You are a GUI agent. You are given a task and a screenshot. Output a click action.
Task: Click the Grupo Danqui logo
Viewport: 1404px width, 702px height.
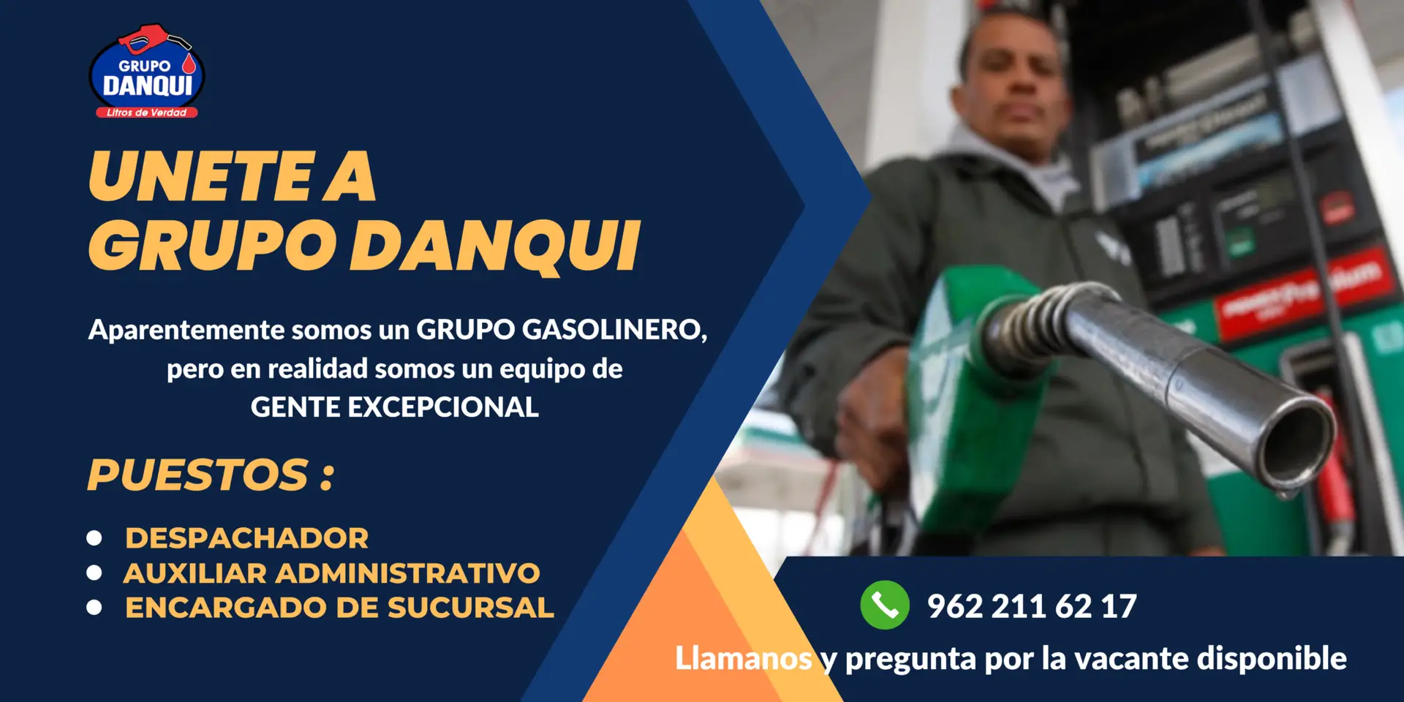pos(146,71)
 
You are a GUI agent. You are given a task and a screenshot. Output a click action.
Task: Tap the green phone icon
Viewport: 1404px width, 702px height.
pos(885,605)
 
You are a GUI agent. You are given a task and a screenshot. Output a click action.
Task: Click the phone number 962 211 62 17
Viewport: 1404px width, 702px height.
pos(1032,606)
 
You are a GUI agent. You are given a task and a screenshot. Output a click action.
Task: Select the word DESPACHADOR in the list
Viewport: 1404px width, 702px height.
pos(246,538)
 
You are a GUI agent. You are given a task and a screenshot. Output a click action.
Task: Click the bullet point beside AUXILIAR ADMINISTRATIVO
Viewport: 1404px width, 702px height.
pos(94,573)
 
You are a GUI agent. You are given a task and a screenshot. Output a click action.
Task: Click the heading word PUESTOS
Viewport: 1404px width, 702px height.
pos(197,475)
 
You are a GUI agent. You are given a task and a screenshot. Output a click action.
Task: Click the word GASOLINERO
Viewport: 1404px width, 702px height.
pos(614,330)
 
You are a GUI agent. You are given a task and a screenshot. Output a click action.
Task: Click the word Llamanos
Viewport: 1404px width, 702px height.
pos(744,658)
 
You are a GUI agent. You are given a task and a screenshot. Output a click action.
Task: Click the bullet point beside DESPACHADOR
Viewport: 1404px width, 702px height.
pos(94,538)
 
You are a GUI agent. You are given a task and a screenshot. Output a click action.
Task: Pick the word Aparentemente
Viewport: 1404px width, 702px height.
pos(186,330)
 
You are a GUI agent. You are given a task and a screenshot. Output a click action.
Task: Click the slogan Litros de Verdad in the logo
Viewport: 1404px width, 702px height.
pos(146,113)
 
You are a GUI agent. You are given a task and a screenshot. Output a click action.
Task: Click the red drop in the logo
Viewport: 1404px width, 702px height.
pos(189,64)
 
